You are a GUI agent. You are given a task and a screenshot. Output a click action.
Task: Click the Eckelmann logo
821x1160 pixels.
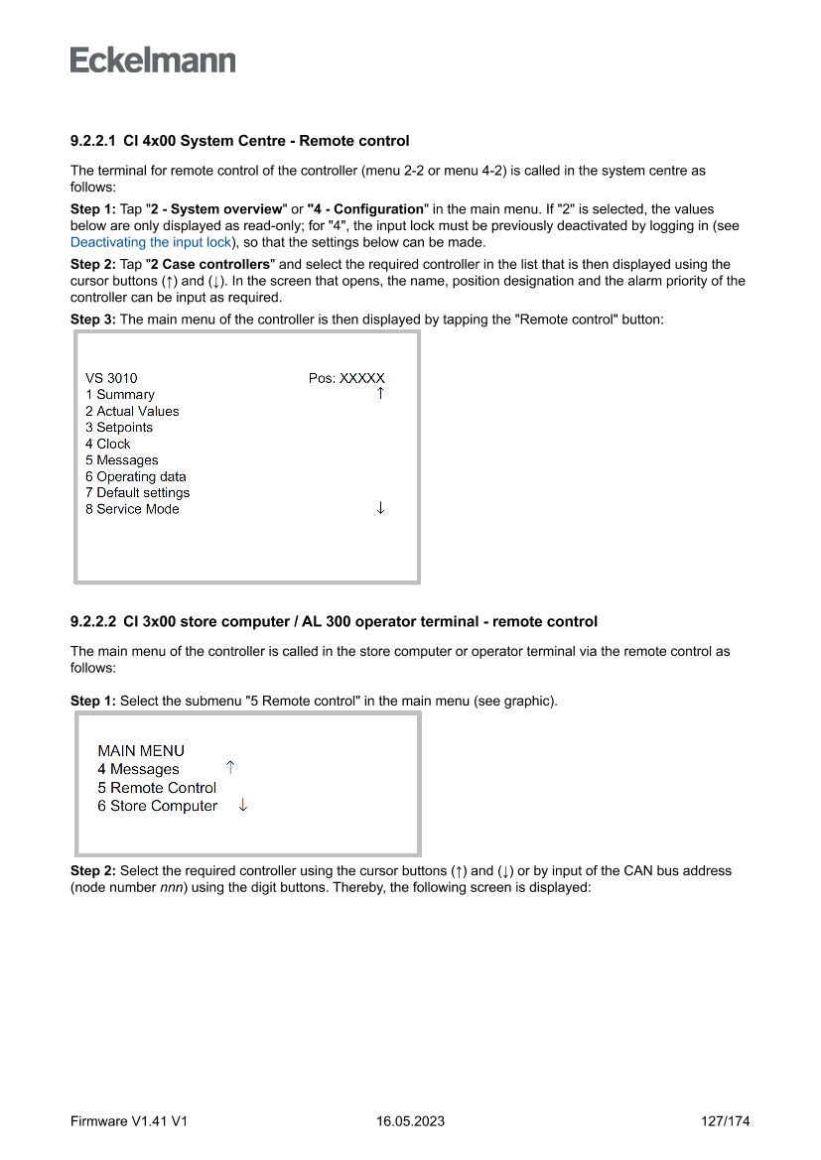[x=153, y=60]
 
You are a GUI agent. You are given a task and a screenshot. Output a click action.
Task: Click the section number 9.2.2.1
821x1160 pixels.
[x=93, y=141]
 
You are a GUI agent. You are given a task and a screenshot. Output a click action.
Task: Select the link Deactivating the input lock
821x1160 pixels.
[x=151, y=242]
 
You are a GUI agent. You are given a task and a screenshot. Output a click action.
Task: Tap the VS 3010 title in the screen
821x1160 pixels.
[x=111, y=378]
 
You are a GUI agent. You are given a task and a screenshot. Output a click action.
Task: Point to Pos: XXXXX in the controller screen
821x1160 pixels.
[x=346, y=378]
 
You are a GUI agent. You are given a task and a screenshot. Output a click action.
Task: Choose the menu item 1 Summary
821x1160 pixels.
[x=120, y=395]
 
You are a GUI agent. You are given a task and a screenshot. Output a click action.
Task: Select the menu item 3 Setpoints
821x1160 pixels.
[x=119, y=428]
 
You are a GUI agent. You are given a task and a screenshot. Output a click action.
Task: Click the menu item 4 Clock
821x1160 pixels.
[x=108, y=444]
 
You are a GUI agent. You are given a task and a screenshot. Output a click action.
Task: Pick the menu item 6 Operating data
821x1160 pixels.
[x=136, y=476]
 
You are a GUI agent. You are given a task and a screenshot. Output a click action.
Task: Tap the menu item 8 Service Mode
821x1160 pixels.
[x=132, y=509]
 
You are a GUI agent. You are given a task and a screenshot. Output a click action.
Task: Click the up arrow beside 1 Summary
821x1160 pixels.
[x=380, y=394]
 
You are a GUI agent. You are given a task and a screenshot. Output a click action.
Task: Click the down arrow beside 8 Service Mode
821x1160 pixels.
[x=380, y=508]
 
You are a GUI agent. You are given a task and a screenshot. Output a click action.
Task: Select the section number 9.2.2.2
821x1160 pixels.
[x=93, y=622]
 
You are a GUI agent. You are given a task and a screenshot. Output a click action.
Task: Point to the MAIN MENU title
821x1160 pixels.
[x=141, y=751]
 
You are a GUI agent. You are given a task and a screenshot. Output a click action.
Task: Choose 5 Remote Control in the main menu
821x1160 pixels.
[x=157, y=788]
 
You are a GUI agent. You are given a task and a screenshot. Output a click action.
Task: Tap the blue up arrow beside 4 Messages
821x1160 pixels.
[x=230, y=768]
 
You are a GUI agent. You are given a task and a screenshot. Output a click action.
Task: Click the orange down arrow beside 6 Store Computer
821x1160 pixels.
[x=242, y=805]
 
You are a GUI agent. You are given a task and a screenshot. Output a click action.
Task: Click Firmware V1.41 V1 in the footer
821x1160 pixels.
[x=129, y=1121]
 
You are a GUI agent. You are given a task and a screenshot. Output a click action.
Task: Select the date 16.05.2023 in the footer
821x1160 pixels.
[x=410, y=1121]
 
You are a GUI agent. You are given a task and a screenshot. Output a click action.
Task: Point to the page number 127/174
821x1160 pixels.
[x=725, y=1121]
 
